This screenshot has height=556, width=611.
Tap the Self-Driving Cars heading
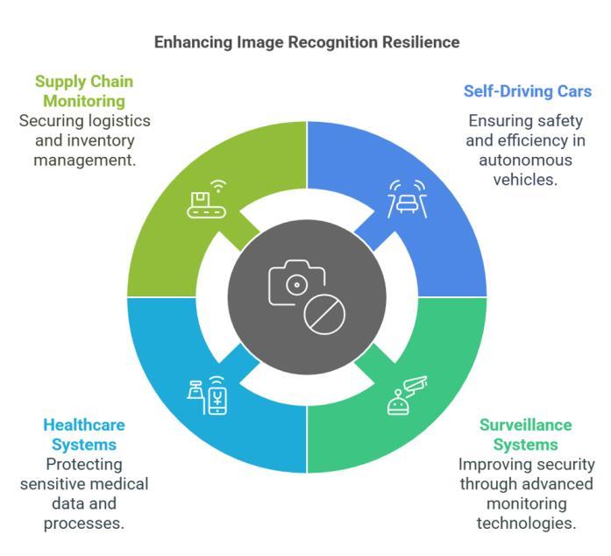pos(527,91)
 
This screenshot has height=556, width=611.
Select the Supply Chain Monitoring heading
pos(83,91)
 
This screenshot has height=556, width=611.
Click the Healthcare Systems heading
pos(84,435)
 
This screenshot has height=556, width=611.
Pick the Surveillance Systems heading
pos(525,435)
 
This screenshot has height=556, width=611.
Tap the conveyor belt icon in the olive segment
pos(206,199)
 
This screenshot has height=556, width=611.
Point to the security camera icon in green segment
pos(407,396)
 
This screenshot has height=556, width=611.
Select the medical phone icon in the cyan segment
pos(206,396)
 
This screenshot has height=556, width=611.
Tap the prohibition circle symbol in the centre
pos(324,313)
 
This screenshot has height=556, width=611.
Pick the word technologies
pos(526,523)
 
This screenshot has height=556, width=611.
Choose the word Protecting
pos(83,464)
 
